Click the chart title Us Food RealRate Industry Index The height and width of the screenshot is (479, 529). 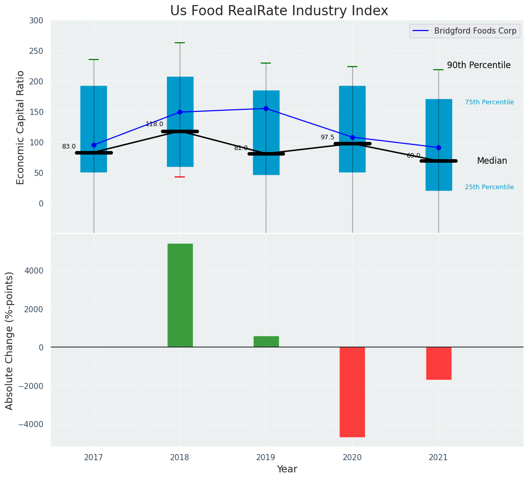pos(279,11)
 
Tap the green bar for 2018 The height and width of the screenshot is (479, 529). pos(180,295)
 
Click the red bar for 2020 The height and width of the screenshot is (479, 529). pos(352,392)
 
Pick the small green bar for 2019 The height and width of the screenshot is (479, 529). pos(266,341)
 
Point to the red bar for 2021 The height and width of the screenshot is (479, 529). pos(438,363)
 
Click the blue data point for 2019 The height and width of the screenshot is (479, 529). pos(266,108)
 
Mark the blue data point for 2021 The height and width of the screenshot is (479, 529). pos(438,147)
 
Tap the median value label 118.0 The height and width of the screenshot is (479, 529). pos(154,124)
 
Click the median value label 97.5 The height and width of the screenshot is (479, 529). pos(327,137)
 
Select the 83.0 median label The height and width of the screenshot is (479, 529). pos(69,146)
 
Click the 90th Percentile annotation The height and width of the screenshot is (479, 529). pos(479,65)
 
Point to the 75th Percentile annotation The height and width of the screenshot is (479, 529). pos(489,102)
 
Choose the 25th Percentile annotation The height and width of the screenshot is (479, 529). pos(489,187)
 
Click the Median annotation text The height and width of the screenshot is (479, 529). pos(492,161)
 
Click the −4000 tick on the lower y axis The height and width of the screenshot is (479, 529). pos(34,424)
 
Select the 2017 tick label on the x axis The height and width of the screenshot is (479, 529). pos(94,457)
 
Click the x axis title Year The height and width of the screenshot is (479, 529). pos(287,469)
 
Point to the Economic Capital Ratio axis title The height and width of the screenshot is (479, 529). pos(21,127)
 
